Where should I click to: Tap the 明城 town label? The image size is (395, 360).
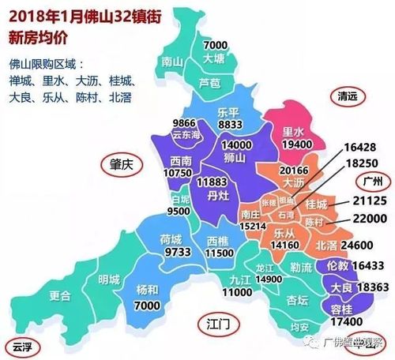point(109,279)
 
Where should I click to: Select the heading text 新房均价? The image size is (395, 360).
point(41,37)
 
